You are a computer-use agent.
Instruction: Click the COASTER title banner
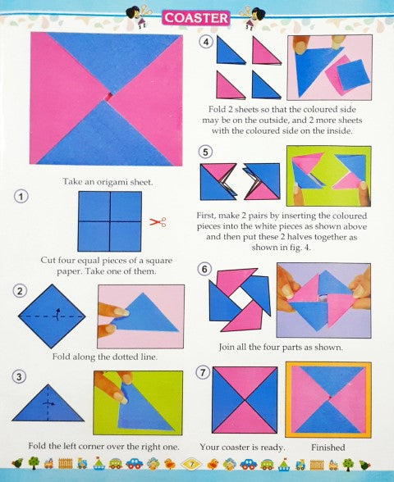pos(195,18)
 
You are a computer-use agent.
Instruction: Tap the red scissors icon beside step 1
pos(158,222)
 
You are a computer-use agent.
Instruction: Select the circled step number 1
pos(21,197)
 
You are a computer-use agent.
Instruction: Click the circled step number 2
pos(20,291)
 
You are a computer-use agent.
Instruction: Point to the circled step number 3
pos(19,376)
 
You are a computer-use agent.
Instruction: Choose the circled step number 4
pos(206,42)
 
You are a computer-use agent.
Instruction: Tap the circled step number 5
pos(205,152)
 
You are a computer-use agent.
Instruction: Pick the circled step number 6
pos(204,269)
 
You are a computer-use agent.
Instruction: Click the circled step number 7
pos(204,372)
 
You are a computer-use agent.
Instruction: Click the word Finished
pos(328,448)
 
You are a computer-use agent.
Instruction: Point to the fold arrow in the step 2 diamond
pos(57,315)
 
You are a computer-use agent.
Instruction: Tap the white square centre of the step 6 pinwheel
pos(240,299)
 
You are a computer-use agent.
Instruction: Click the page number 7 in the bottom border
pos(191,464)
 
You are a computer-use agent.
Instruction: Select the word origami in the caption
pos(111,182)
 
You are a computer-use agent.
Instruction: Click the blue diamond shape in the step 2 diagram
pos(52,316)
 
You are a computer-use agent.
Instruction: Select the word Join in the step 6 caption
pos(226,348)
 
